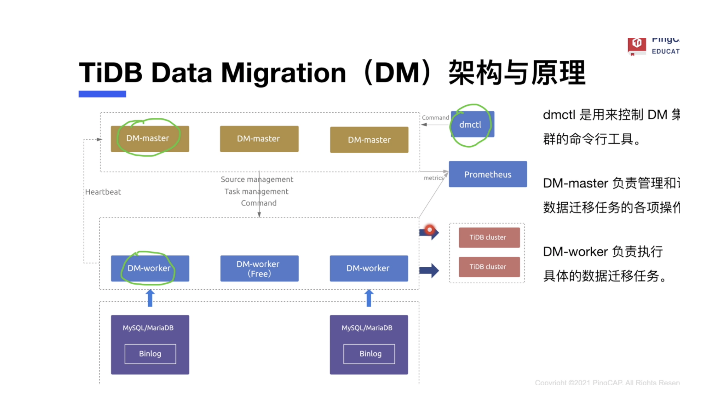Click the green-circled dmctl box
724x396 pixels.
click(x=472, y=125)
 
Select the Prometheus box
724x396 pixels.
click(x=488, y=174)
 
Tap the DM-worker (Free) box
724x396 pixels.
click(x=259, y=269)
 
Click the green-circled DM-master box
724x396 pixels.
click(x=150, y=139)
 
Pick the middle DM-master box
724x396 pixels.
click(x=259, y=139)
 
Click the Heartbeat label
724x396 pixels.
click(x=103, y=192)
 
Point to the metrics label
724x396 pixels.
click(x=433, y=178)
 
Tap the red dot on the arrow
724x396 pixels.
click(x=430, y=230)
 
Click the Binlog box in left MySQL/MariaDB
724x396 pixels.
click(x=150, y=354)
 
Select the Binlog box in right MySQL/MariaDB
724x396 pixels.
click(x=369, y=354)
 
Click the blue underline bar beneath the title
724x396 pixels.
click(x=102, y=94)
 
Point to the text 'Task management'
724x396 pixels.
click(x=256, y=191)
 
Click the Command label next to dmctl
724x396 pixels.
click(x=435, y=118)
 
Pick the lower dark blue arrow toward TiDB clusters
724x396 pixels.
click(x=429, y=270)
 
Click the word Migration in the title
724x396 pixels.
click(x=283, y=73)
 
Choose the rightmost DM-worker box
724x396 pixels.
click(x=369, y=268)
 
